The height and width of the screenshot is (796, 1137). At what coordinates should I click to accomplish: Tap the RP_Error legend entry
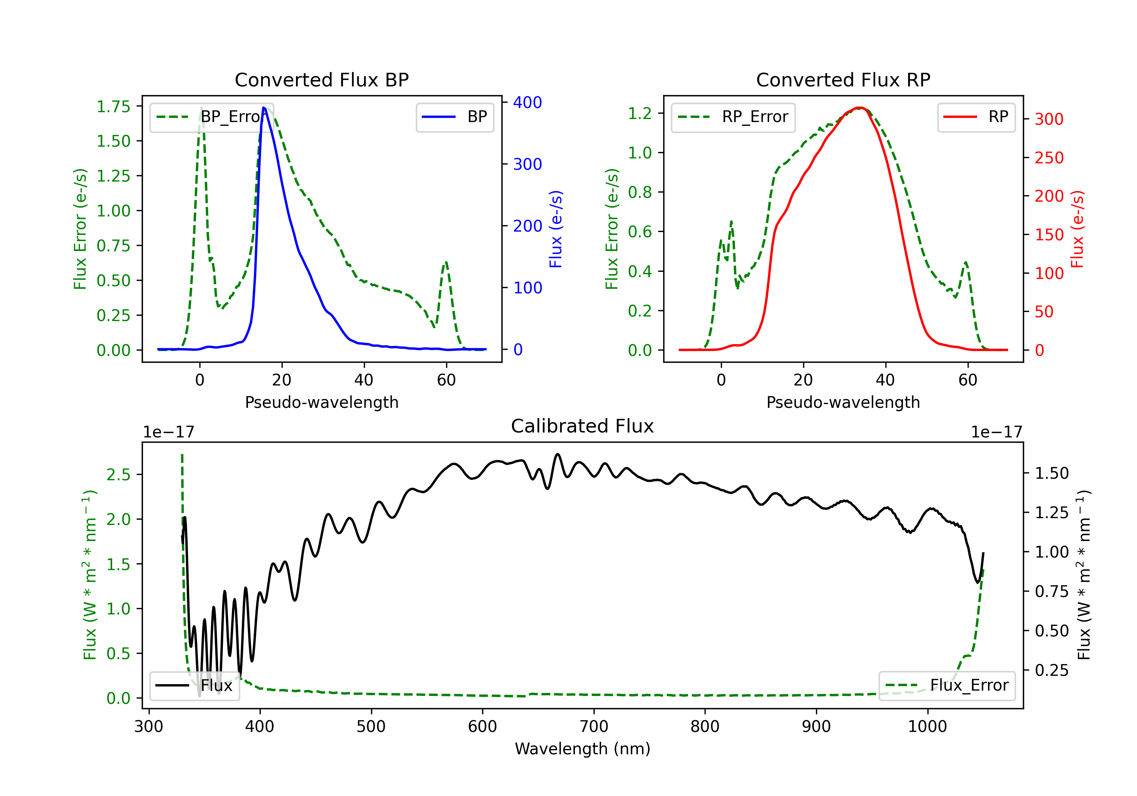[x=733, y=118]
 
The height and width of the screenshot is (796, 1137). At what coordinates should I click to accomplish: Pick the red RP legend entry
[x=976, y=118]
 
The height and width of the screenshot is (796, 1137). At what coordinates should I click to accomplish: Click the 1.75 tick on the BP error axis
[x=113, y=107]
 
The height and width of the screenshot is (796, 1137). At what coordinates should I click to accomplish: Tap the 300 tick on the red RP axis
[x=1049, y=119]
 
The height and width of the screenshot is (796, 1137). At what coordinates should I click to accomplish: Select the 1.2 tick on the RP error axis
[x=640, y=113]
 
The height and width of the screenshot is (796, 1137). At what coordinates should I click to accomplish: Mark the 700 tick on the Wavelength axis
[x=593, y=726]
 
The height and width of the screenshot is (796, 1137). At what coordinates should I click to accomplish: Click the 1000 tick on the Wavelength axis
[x=927, y=726]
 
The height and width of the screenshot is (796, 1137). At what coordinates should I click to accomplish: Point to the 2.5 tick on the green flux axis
[x=118, y=475]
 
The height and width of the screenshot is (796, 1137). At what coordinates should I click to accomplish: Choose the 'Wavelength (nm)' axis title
[x=583, y=749]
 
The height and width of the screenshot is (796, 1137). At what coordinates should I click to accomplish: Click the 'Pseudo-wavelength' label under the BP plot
[x=321, y=402]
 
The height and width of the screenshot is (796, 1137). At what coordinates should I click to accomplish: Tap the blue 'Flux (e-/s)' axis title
[x=556, y=229]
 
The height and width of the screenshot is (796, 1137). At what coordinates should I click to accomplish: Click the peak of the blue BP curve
[x=264, y=108]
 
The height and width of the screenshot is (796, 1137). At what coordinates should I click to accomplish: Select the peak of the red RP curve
[x=860, y=108]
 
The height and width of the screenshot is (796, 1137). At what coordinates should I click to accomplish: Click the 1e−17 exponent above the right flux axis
[x=996, y=432]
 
